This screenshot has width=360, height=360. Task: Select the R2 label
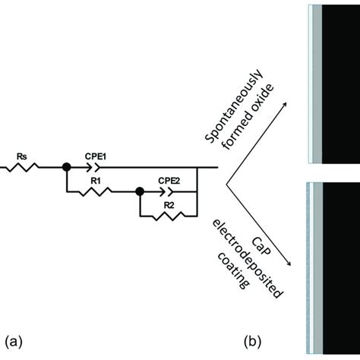coord(169,205)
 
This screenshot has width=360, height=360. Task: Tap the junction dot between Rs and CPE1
coord(66,168)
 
